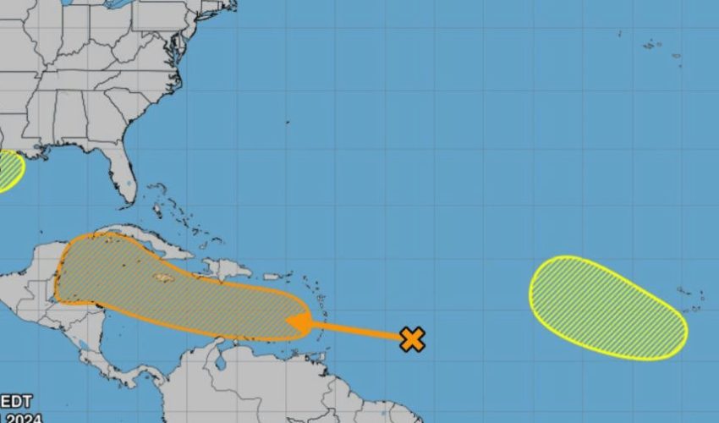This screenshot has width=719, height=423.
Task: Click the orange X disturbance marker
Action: click(412, 339)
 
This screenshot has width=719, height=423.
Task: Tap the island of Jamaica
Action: click(163, 277)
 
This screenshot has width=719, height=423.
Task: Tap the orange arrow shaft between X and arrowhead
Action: click(355, 330)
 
